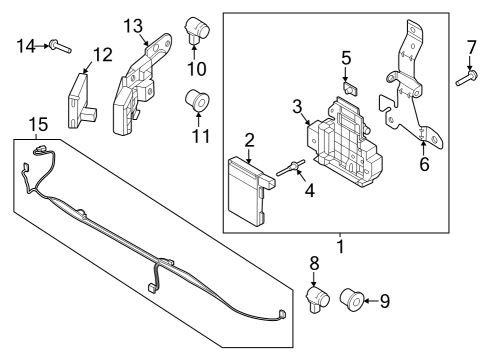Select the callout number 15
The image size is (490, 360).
37,125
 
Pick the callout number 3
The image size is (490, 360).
297,107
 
